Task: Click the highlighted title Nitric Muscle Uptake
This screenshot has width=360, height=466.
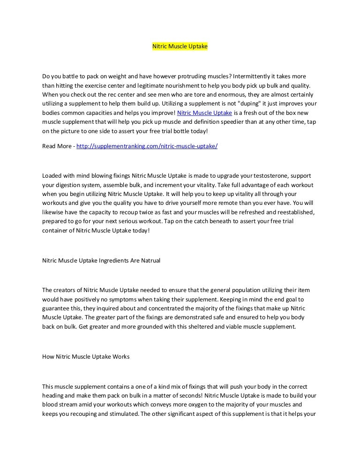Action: [180, 47]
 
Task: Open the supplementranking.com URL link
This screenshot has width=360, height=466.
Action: [147, 146]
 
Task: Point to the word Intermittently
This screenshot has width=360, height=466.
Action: [253, 75]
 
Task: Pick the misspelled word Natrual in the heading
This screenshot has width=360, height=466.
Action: [150, 260]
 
